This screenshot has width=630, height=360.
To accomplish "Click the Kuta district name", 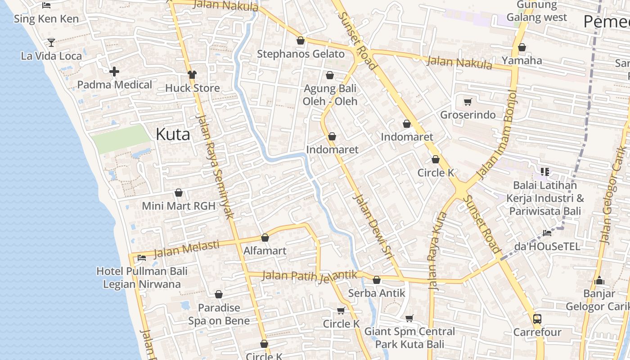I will coord(173,134).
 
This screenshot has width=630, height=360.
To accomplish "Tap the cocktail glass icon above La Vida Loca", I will coord(51,43).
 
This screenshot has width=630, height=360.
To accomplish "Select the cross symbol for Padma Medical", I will coord(114,72).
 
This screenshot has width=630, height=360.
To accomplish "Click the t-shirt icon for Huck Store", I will coord(192,75).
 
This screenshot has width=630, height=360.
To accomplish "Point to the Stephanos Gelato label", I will coord(301,54).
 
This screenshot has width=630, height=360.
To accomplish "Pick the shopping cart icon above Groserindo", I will coord(468,102).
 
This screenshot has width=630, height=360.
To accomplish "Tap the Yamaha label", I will coord(522,60).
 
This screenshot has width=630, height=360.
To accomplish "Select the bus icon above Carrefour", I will coord(537,319).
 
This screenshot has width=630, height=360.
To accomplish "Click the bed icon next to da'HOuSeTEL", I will coord(547,233).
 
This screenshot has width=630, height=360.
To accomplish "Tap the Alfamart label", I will coord(265,251).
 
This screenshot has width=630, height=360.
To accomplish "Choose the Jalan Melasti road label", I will coord(186,250).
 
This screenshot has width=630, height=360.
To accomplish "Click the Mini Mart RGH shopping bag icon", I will coord(179,193).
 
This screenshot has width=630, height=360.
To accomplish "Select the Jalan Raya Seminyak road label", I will coord(216,166).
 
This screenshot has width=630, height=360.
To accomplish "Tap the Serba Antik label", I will coord(377,293).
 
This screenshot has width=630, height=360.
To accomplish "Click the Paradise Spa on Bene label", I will coord(219,314).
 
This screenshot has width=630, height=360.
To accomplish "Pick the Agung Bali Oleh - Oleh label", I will coord(330,94).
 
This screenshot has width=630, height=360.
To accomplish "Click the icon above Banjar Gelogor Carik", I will coord(599,281).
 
